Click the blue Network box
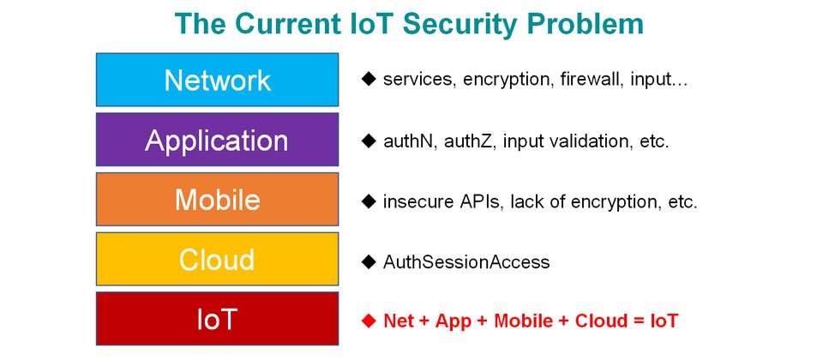click(217, 80)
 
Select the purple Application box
click(217, 140)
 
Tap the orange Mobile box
click(217, 200)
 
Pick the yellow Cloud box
click(217, 259)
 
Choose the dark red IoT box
click(217, 319)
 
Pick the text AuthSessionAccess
click(466, 261)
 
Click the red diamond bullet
click(369, 320)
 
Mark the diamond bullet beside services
click(369, 80)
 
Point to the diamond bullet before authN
click(369, 141)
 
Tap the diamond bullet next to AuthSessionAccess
click(369, 261)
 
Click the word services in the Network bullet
click(418, 80)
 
